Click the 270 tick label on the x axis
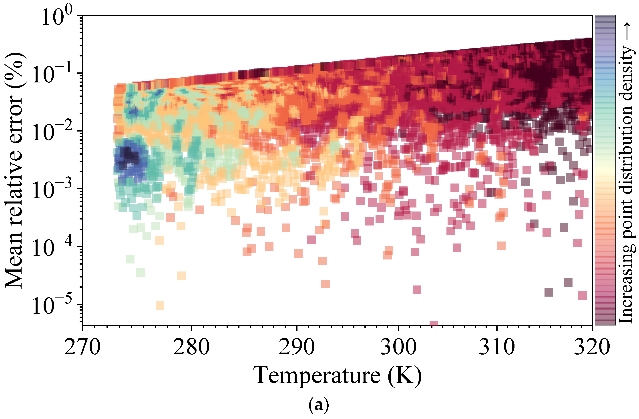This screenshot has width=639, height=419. pos(82,348)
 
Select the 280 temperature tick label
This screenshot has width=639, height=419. pos(191,348)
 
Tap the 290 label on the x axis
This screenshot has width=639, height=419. pos(296,348)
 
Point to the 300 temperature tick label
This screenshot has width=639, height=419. pos(398,348)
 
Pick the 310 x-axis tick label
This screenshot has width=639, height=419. pos(497,348)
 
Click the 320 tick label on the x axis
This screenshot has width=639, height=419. pos(592,348)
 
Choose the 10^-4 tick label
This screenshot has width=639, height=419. pos(52,247)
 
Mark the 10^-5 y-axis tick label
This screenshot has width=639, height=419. pos(52,305)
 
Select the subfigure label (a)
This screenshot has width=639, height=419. pos(319,406)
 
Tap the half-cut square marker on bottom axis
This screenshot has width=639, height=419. pos(434,323)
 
